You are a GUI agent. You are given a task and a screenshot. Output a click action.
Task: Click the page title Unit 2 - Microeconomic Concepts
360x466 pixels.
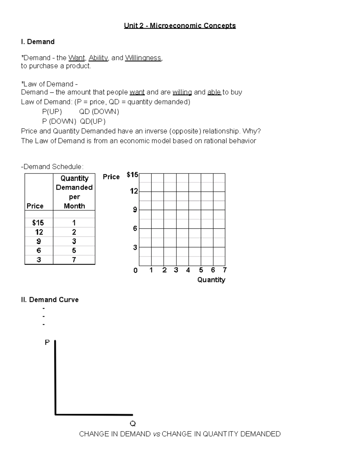click(x=180, y=26)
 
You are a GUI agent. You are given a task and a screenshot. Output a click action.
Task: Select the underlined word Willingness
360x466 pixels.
click(x=143, y=58)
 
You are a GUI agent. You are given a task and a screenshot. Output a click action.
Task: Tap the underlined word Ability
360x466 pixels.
click(x=98, y=58)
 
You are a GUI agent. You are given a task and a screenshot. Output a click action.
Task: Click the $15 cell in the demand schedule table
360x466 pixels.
click(x=38, y=223)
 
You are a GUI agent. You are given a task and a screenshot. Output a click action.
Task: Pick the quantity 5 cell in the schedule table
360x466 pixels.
click(x=74, y=251)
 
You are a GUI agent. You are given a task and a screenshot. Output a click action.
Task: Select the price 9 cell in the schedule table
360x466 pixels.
click(x=38, y=241)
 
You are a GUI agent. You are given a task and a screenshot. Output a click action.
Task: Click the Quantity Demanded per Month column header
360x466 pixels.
click(x=74, y=192)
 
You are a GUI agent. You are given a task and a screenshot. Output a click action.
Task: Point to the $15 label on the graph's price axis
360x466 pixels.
click(x=132, y=175)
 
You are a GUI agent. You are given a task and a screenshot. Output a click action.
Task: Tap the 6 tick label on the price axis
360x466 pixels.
click(x=135, y=229)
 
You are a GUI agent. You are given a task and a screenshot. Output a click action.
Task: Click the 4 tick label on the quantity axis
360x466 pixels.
click(x=188, y=270)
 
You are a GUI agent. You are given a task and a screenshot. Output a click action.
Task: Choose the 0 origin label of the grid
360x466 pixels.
click(x=135, y=271)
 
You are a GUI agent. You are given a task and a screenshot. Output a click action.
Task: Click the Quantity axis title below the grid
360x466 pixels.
click(x=211, y=280)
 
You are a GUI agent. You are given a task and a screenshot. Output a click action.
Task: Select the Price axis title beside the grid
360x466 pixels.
click(x=111, y=177)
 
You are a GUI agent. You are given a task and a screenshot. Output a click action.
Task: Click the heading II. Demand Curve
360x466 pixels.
click(x=50, y=300)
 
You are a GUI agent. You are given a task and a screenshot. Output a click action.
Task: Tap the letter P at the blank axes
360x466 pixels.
click(x=47, y=342)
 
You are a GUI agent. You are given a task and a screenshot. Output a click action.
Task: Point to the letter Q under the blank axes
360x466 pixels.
click(x=133, y=424)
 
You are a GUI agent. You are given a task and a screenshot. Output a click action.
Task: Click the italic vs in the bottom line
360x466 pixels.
click(x=156, y=434)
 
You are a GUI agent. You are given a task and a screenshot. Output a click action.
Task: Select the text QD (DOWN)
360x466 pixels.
click(x=99, y=112)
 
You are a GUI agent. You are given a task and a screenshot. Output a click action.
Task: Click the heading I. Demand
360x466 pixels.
click(x=38, y=42)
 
